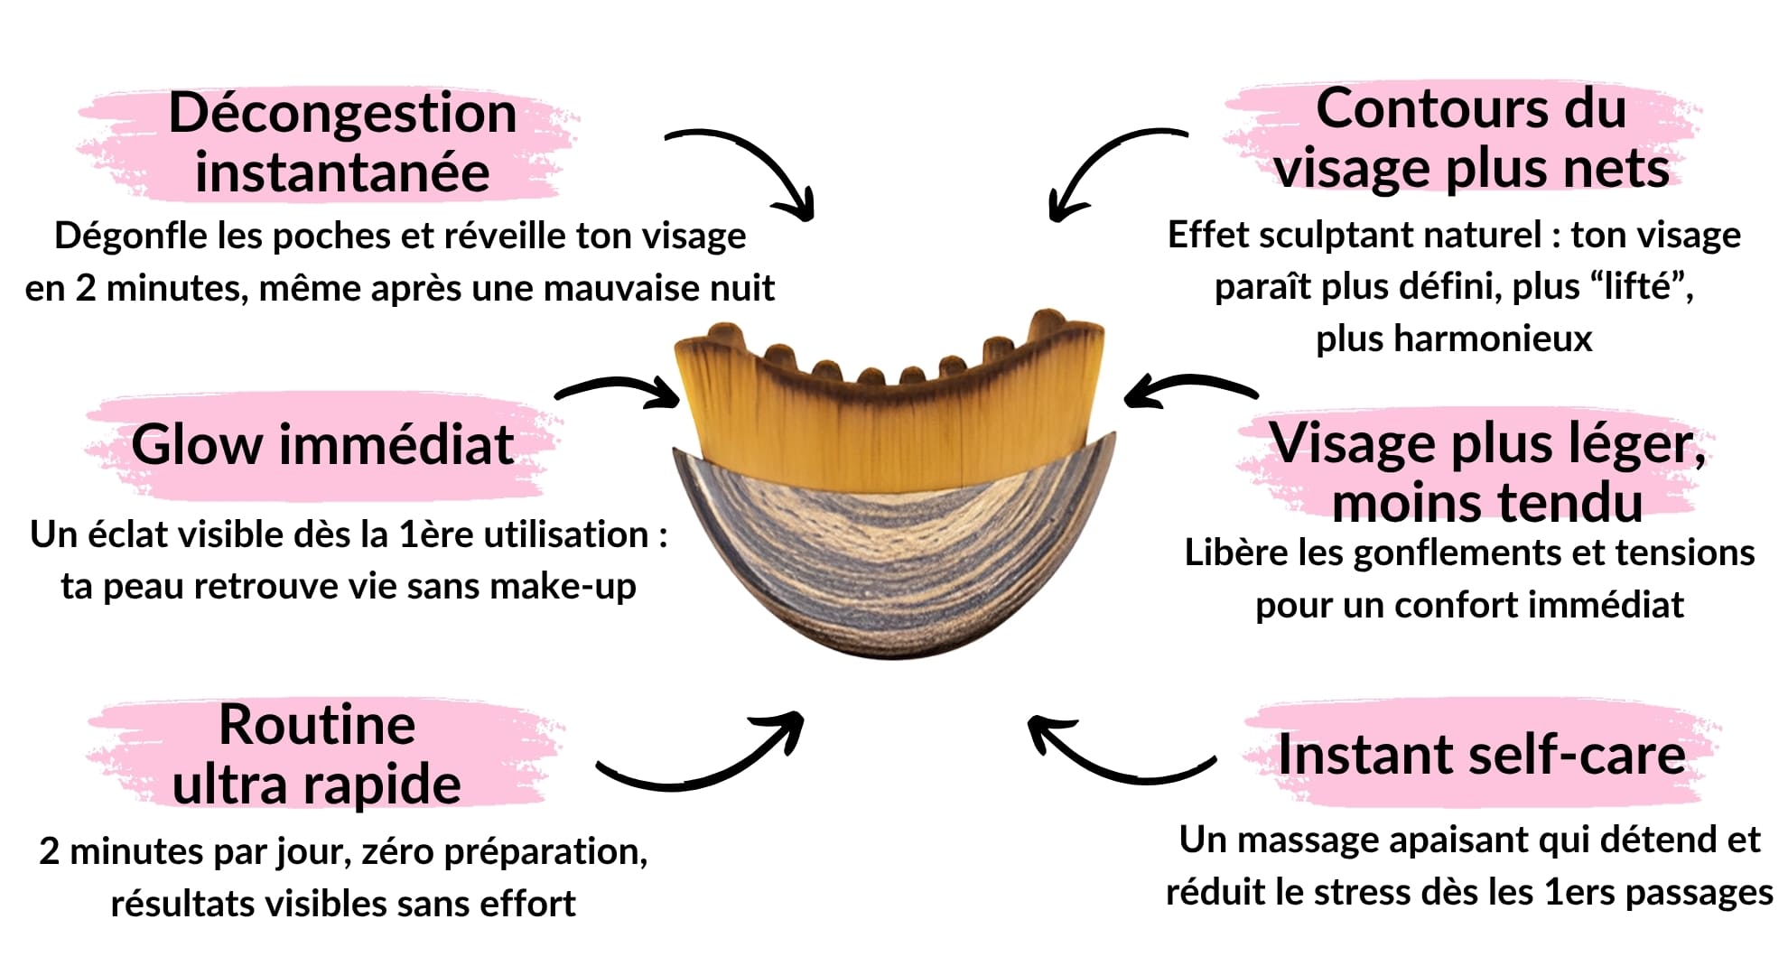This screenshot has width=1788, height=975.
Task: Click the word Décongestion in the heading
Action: pyautogui.click(x=342, y=114)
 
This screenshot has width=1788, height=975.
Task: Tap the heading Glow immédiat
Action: pyautogui.click(x=322, y=445)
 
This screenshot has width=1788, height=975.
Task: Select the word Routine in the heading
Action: pyautogui.click(x=317, y=725)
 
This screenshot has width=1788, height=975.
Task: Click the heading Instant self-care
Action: pyautogui.click(x=1481, y=756)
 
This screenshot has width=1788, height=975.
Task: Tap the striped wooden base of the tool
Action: pyautogui.click(x=894, y=560)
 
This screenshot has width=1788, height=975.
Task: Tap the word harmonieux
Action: pyautogui.click(x=1454, y=339)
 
